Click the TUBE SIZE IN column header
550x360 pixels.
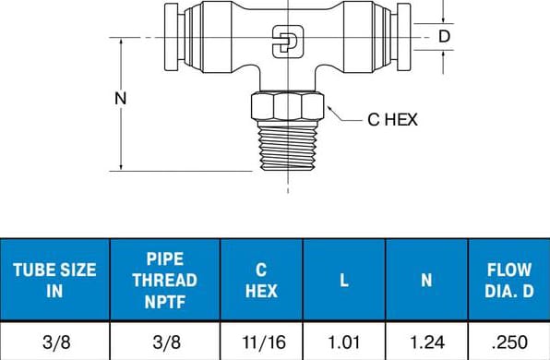pyautogui.click(x=54, y=280)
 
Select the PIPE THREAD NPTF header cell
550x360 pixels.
pyautogui.click(x=165, y=280)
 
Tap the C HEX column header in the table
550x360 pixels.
pyautogui.click(x=261, y=280)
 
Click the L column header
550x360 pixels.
pyautogui.click(x=344, y=280)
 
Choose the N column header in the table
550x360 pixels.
pyautogui.click(x=427, y=280)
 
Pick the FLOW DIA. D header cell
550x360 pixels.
pyautogui.click(x=509, y=280)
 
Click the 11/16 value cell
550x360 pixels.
pyautogui.click(x=264, y=342)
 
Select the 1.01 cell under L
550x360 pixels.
pyautogui.click(x=343, y=342)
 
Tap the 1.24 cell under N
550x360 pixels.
pyautogui.click(x=427, y=342)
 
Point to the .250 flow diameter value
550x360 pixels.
pyautogui.click(x=509, y=342)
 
